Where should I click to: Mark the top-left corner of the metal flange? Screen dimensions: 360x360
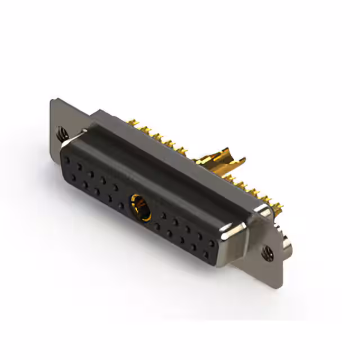tap(52, 101)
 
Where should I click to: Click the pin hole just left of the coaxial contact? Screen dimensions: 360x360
tap(122, 206)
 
